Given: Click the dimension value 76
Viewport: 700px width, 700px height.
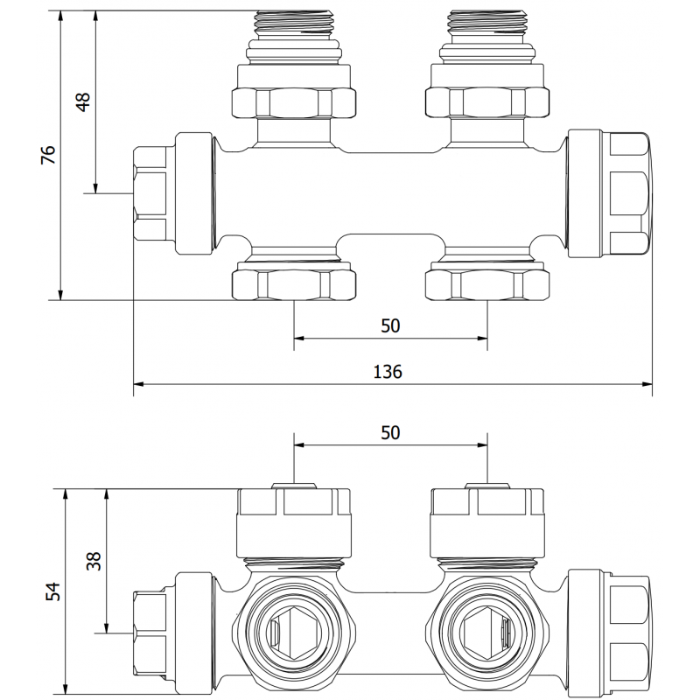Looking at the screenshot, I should pyautogui.click(x=49, y=155).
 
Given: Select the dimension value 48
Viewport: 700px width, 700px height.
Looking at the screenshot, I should pyautogui.click(x=83, y=101).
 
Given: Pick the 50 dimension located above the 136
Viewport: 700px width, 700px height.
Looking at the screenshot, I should pyautogui.click(x=390, y=325).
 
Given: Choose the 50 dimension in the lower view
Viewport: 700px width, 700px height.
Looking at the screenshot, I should pyautogui.click(x=390, y=432).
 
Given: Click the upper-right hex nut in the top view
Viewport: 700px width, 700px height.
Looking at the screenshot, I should pyautogui.click(x=486, y=101).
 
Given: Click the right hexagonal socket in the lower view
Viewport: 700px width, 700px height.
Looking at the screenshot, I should pyautogui.click(x=486, y=630).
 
